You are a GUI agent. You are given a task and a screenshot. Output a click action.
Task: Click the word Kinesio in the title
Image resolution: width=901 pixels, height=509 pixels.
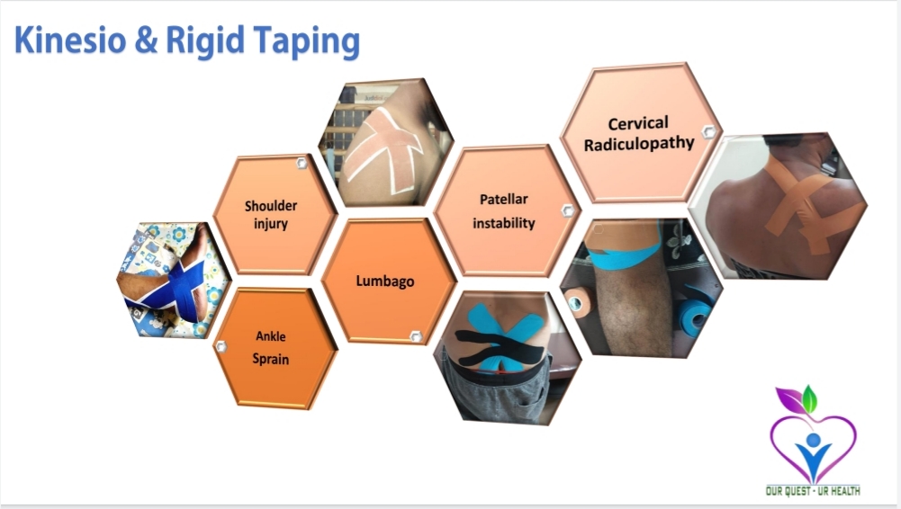pos(70,40)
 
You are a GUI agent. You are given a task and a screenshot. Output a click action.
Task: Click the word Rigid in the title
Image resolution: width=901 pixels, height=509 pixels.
pos(204,42)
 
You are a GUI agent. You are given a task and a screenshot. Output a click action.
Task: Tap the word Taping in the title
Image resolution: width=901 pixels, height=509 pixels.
pos(307,42)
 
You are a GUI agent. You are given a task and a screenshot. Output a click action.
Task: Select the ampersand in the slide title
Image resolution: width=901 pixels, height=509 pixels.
pos(146,40)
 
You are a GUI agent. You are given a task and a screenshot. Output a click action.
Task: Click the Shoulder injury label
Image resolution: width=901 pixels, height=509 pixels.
pos(271,214)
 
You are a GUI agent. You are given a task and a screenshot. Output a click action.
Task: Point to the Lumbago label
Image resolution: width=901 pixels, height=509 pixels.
pos(385,281)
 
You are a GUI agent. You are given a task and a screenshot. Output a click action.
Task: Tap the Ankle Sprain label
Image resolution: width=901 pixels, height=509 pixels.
pos(271,348)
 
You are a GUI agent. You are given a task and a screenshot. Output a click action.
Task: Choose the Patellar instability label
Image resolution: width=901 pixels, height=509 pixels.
pos(504,211)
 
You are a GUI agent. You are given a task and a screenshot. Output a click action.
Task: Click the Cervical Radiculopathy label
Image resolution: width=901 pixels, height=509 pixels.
pos(639,134)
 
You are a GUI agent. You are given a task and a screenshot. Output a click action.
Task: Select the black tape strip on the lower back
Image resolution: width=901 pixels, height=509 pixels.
pos(500,345)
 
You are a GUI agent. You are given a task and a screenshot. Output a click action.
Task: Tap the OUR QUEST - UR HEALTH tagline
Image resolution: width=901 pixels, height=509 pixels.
pos(813,491)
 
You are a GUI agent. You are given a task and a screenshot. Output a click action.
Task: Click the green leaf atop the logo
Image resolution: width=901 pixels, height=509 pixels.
pos(809,399)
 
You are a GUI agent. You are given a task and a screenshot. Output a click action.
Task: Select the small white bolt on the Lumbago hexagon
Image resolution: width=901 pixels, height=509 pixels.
pos(416,336)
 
